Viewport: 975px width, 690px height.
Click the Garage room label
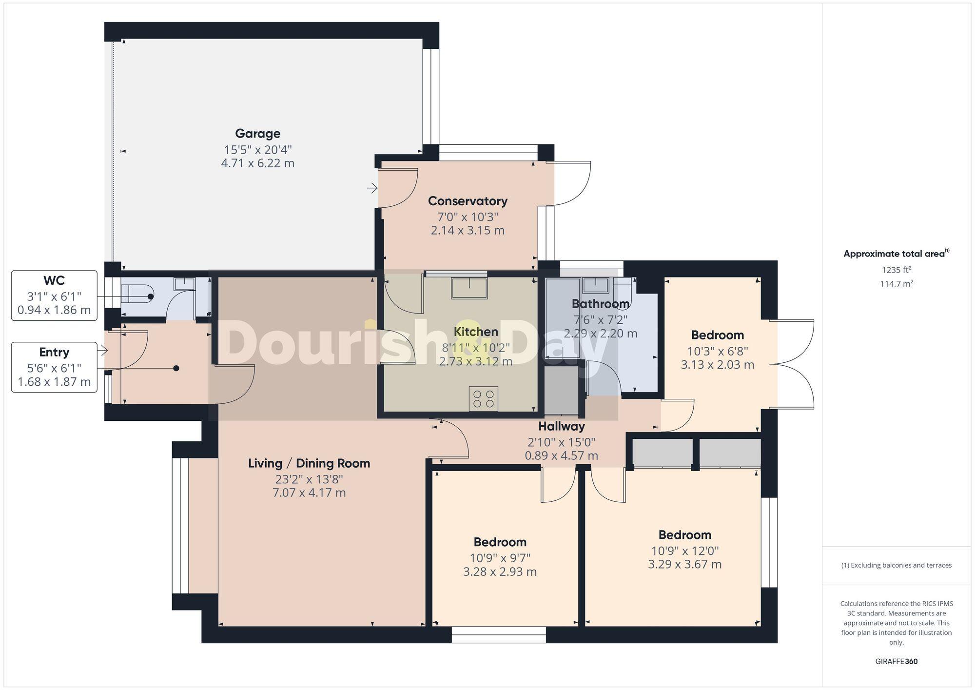coord(257,134)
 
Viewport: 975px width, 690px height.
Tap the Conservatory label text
coord(468,201)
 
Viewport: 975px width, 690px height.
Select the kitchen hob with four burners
coord(484,398)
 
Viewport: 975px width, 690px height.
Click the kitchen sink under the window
coord(469,288)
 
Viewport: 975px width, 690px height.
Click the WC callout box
coord(54,296)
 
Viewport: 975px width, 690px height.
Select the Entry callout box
coord(54,367)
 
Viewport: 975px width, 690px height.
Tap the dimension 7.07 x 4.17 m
coord(309,493)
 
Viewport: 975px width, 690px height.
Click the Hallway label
coord(561,427)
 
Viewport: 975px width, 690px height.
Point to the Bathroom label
coord(600,304)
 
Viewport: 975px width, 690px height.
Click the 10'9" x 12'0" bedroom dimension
coord(684,551)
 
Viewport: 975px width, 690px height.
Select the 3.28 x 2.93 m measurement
coord(500,572)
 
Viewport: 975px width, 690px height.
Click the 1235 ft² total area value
coord(896,270)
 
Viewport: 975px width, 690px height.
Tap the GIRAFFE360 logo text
coord(896,662)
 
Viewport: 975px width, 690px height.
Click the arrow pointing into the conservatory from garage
coord(372,188)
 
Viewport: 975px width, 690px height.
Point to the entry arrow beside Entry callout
coord(102,350)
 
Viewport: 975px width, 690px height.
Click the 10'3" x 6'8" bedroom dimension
coord(717,351)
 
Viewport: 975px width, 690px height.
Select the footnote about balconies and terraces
coord(896,565)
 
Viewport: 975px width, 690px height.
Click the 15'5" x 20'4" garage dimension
coord(257,149)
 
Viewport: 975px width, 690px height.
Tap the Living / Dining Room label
coord(309,463)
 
